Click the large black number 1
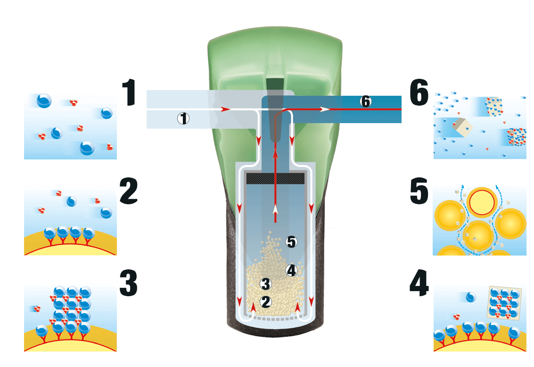(130, 92)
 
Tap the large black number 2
(129, 191)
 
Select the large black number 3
(128, 283)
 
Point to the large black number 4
(419, 283)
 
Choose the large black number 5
(419, 191)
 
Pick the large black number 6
(419, 92)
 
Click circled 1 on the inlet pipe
(183, 118)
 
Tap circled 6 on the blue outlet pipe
(366, 101)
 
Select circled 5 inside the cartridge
(291, 242)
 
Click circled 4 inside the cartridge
(291, 270)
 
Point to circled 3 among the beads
(266, 284)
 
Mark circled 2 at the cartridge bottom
(266, 301)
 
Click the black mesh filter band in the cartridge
(275, 179)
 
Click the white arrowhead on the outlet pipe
(325, 109)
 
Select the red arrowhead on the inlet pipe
(225, 109)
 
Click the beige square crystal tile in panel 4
(505, 302)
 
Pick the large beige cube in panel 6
(461, 127)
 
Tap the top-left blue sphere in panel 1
(44, 100)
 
